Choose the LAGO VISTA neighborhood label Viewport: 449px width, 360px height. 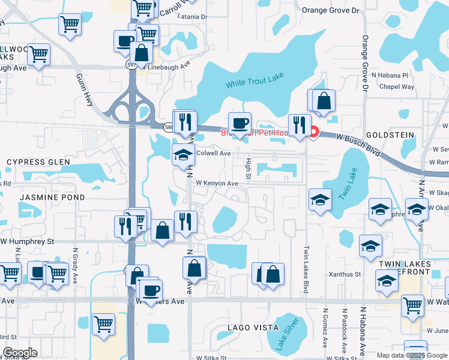[x=253, y=328]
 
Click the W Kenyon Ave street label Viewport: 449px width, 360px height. [x=217, y=183]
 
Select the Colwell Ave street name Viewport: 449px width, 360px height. [x=214, y=154]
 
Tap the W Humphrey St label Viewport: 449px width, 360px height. [x=27, y=241]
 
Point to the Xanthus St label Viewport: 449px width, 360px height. [x=344, y=274]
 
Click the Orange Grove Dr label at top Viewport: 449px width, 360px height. [x=330, y=10]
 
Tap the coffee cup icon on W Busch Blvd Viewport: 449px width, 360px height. [x=240, y=123]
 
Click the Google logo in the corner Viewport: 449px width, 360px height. [x=20, y=353]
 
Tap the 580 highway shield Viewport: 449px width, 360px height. [x=170, y=126]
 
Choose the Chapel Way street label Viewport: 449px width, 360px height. [x=397, y=87]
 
